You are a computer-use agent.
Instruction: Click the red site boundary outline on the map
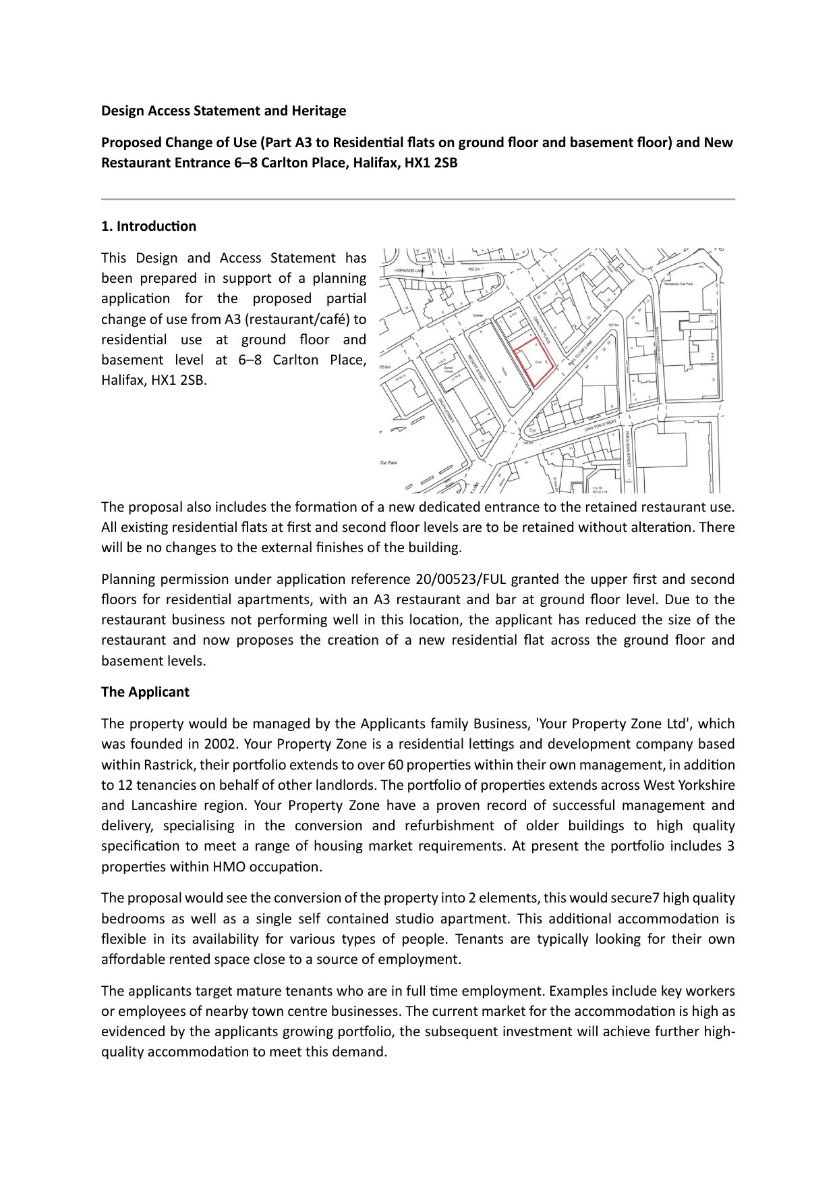533,362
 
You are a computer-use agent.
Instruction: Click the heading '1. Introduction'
148,226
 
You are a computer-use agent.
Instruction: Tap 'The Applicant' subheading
145,692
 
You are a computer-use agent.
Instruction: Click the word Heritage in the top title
318,111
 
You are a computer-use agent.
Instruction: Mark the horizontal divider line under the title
418,199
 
